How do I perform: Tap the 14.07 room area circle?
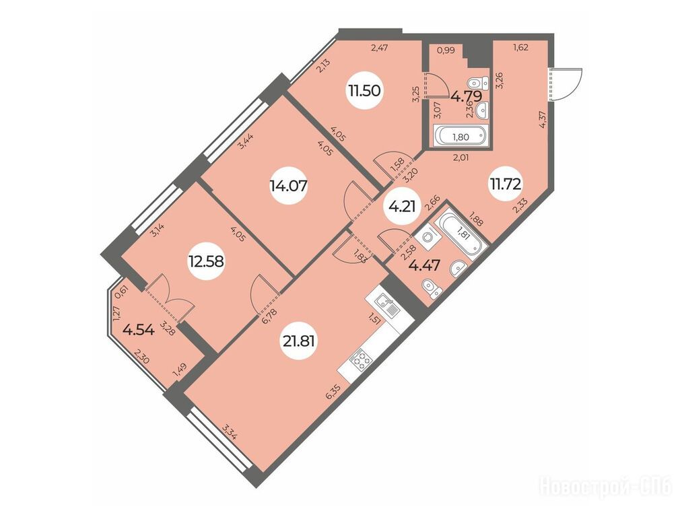click(x=288, y=186)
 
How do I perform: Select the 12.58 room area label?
click(x=206, y=261)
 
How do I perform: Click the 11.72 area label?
click(x=506, y=185)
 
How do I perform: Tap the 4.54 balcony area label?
click(x=139, y=330)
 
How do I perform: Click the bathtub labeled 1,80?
click(x=461, y=137)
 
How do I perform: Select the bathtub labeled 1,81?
click(x=461, y=235)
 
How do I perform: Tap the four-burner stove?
click(x=362, y=360)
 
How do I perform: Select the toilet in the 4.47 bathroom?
click(x=432, y=289)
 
